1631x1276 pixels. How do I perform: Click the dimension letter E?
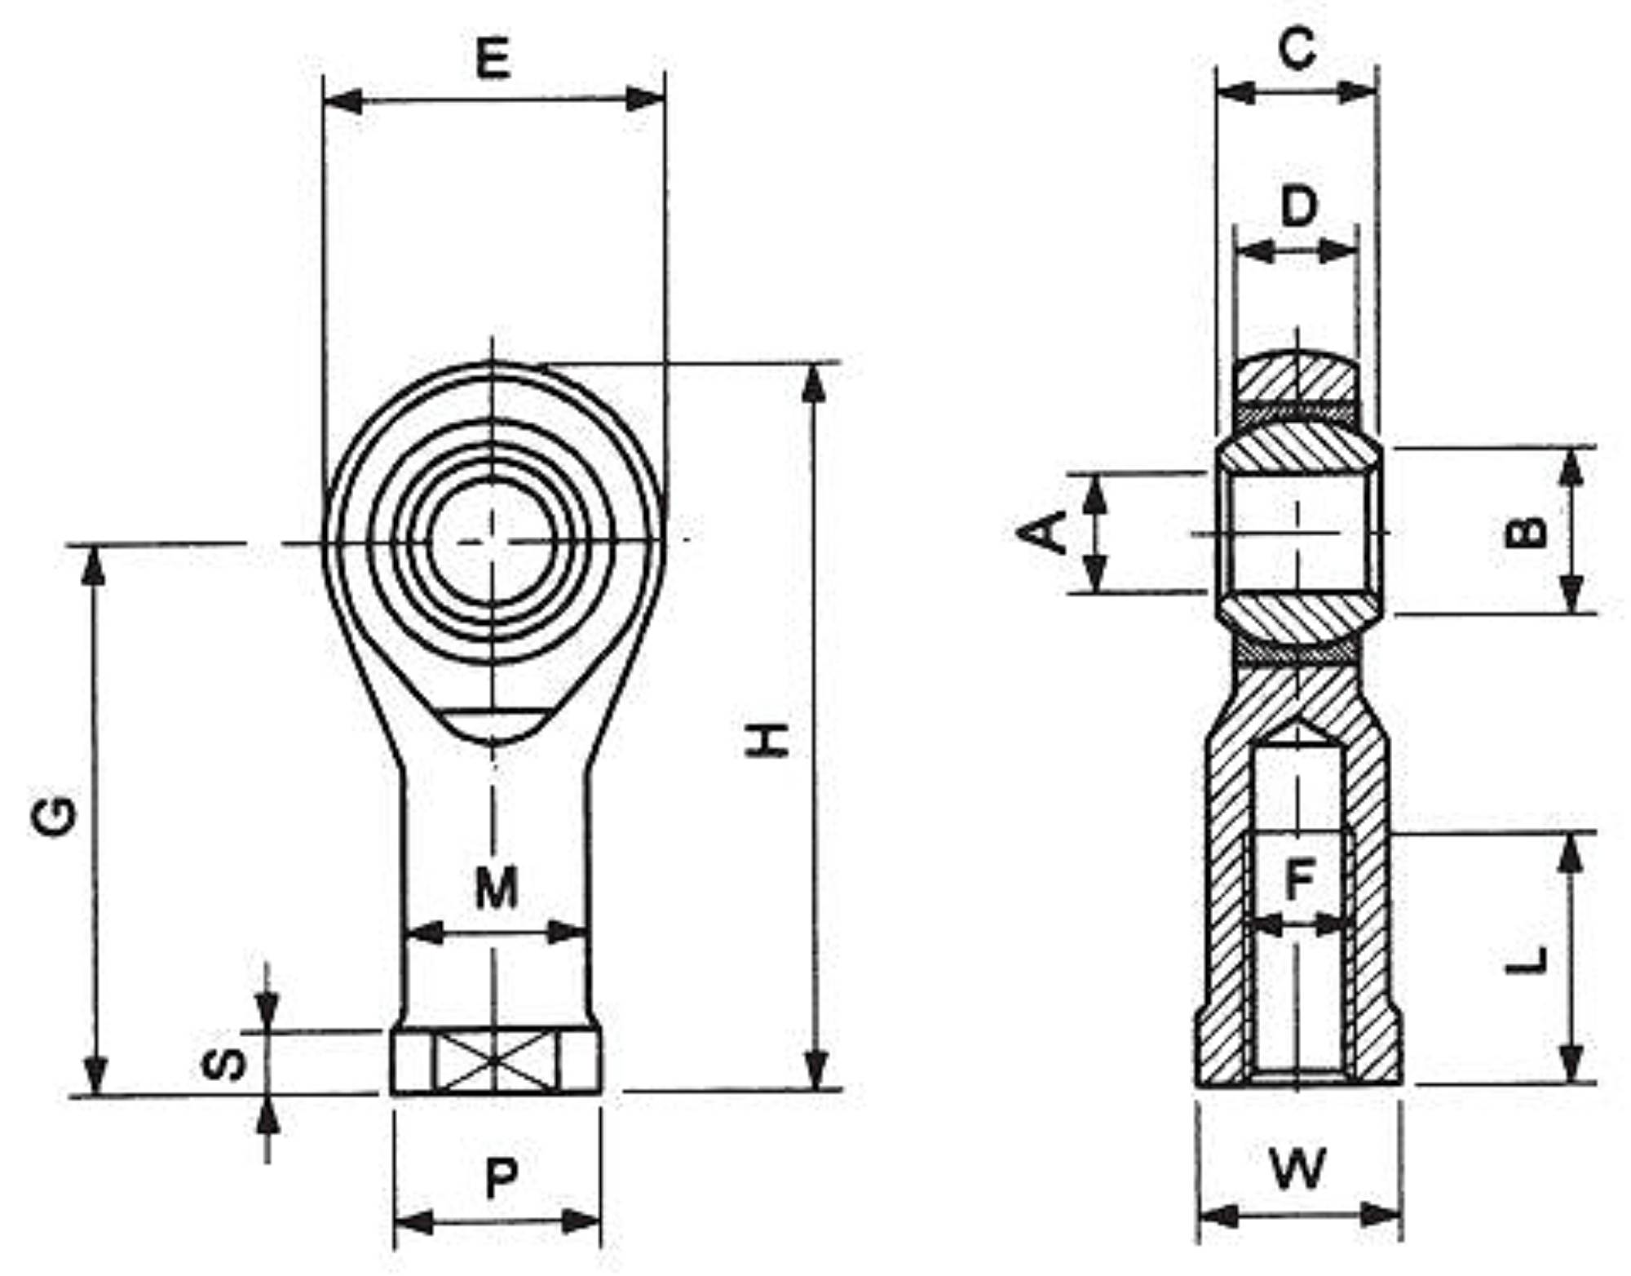(493, 58)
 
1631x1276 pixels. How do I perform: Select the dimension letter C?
(1297, 48)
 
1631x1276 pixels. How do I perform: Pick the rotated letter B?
(1525, 531)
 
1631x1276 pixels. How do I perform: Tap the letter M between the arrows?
(497, 888)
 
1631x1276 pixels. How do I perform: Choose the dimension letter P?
(501, 1179)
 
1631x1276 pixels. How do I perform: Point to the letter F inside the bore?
(1299, 879)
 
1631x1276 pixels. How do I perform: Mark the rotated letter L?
(1526, 959)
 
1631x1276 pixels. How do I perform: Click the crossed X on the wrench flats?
(495, 1061)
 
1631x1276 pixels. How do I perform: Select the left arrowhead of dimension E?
(343, 101)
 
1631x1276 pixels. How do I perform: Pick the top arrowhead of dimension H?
(814, 383)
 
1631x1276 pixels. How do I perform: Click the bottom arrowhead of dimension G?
(95, 1075)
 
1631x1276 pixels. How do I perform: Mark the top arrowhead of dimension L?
(1571, 853)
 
